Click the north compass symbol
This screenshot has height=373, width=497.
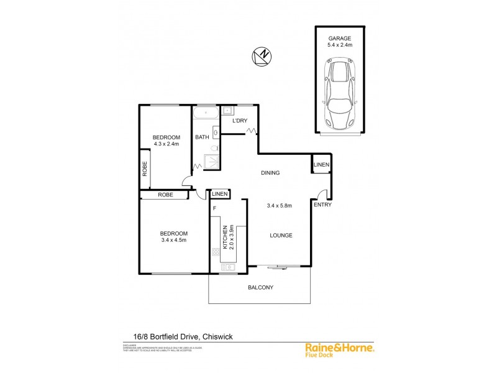point(262,57)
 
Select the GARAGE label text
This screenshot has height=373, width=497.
point(339,37)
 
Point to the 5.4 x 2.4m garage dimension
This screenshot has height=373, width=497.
point(339,45)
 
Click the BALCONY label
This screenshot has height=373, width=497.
point(261,287)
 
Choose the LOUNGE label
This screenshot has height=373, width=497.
point(281,235)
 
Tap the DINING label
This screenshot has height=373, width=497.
point(270,173)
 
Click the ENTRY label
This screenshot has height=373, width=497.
point(322,205)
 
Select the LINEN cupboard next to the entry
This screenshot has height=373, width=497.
point(321,165)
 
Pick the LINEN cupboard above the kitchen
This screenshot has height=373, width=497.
point(220,195)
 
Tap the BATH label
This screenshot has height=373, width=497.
point(202,137)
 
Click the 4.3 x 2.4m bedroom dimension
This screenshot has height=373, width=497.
point(166,144)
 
